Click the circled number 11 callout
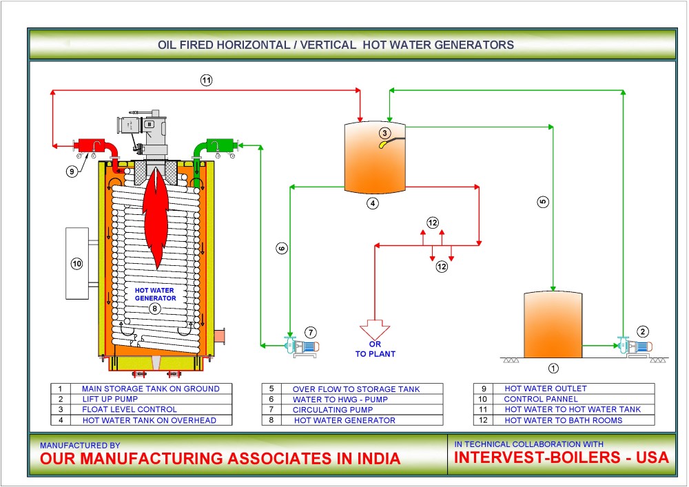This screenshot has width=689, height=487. pyautogui.click(x=207, y=81)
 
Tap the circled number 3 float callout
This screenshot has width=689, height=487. pyautogui.click(x=385, y=133)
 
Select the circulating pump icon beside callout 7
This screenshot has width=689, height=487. pyautogui.click(x=300, y=346)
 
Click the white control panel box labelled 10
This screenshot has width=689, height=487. pyautogui.click(x=76, y=262)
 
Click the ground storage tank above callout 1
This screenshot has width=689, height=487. pyautogui.click(x=553, y=324)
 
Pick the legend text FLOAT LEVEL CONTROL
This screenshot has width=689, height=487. pyautogui.click(x=123, y=409)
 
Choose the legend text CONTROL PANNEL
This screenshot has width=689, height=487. pyautogui.click(x=541, y=399)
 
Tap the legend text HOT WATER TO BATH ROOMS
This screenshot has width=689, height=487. pyautogui.click(x=563, y=420)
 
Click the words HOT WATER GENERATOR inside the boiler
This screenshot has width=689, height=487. pyautogui.click(x=156, y=294)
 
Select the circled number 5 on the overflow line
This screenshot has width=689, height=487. pyautogui.click(x=543, y=202)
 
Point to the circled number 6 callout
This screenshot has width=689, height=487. pyautogui.click(x=281, y=248)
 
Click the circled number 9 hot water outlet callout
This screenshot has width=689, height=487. pyautogui.click(x=72, y=172)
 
